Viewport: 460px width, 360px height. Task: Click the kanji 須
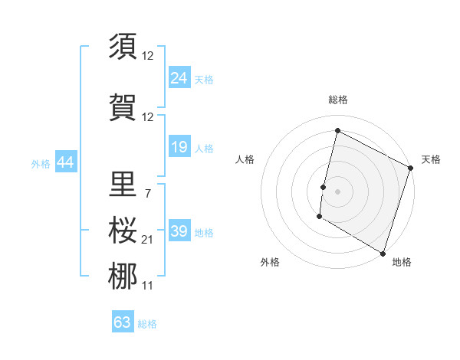click(123, 46)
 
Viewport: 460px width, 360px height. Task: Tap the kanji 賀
click(123, 107)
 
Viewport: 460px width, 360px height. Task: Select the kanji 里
click(123, 184)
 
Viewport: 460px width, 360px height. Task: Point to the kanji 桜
click(123, 231)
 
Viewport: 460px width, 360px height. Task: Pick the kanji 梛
click(123, 277)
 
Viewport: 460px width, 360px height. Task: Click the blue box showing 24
click(179, 78)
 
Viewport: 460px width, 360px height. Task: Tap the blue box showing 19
click(179, 147)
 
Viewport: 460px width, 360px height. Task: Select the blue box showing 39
click(179, 231)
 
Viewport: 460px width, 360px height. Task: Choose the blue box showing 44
click(65, 162)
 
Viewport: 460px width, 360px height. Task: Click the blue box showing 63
click(122, 322)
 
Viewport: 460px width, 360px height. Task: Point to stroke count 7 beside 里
click(147, 193)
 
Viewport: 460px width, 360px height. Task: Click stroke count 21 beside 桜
click(148, 240)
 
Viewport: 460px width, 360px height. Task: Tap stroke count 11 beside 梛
click(148, 286)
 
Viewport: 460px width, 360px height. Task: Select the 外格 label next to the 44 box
click(41, 163)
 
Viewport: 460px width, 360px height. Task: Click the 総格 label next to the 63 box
click(147, 324)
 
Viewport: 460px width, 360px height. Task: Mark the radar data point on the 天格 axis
click(411, 169)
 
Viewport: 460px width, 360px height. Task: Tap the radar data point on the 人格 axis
click(324, 188)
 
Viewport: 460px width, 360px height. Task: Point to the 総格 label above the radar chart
click(337, 100)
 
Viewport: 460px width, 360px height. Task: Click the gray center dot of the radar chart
click(337, 191)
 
